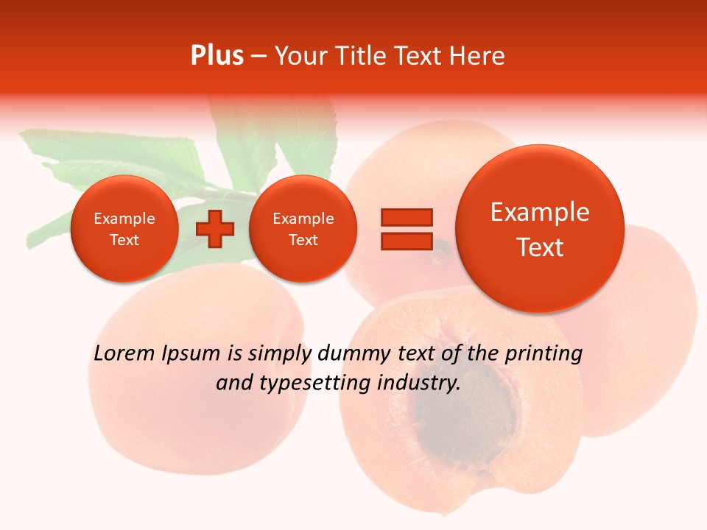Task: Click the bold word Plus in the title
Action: (217, 56)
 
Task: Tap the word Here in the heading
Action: (478, 56)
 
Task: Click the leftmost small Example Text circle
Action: (124, 229)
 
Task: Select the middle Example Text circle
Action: (303, 229)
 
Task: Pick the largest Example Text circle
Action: (540, 229)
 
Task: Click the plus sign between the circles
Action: (215, 229)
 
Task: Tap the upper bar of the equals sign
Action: (407, 217)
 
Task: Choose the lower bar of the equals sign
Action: (407, 241)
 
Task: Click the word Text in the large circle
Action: (540, 247)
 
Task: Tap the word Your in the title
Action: (303, 56)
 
